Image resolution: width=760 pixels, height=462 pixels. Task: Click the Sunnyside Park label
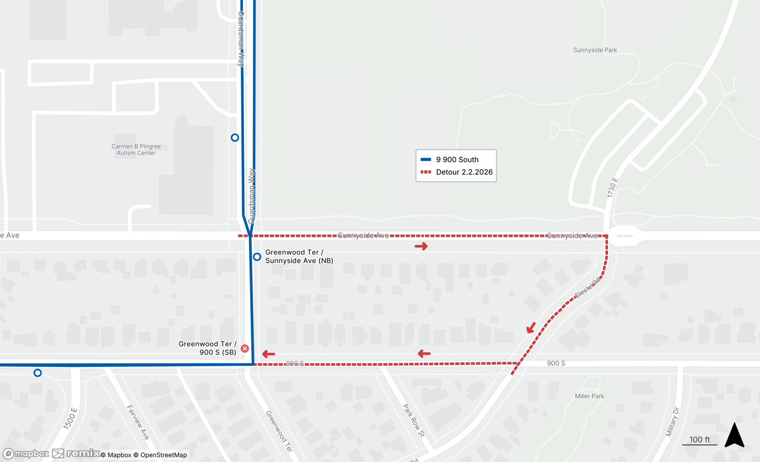pos(595,50)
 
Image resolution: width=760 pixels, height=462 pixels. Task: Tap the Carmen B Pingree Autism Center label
pos(136,150)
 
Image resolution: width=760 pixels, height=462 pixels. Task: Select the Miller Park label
pos(589,396)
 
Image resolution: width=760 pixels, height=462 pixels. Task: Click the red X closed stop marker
pos(245,348)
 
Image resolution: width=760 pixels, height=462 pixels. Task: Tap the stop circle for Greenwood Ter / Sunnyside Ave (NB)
pos(257,257)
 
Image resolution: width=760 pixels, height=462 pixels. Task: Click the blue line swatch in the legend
pos(426,160)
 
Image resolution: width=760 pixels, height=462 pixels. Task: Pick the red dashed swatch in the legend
pos(426,172)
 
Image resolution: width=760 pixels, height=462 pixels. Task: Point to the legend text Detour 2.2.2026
pos(464,172)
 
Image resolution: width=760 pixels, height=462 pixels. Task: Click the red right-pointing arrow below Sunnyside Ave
pos(421,247)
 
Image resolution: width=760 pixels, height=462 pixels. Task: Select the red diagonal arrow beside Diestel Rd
pos(531,328)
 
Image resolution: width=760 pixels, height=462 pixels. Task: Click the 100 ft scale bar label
pos(699,440)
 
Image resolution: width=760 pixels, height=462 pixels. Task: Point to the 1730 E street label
pos(612,188)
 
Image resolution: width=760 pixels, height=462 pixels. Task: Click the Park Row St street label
pos(413,421)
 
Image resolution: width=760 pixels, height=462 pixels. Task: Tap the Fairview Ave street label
pos(138,422)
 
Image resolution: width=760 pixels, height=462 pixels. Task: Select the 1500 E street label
pos(70,419)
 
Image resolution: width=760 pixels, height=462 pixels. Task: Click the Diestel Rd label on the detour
pos(587,288)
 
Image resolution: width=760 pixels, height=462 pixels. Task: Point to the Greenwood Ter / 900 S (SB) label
pos(207,348)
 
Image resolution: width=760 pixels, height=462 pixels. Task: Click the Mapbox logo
pos(27,454)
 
